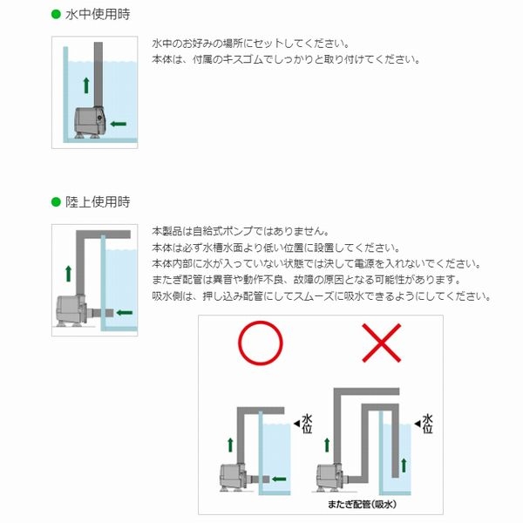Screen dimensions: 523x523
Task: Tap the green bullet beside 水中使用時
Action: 56,16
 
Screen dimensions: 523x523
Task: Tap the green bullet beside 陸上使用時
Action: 56,202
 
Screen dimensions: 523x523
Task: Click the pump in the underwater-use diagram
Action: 88,121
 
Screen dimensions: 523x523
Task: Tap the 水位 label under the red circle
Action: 307,424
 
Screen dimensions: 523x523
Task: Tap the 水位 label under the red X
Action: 428,424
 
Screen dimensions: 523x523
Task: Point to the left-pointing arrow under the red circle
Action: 278,478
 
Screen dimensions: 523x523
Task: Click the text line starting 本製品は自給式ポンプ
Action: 240,232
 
